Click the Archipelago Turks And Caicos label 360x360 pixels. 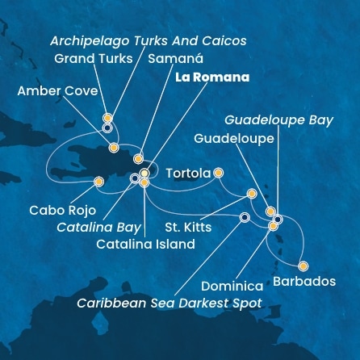148,40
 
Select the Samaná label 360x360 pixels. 176,59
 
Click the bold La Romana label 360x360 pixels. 211,77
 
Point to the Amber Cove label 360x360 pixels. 57,91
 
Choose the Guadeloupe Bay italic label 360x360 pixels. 278,120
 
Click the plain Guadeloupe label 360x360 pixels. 234,139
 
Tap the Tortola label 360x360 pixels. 187,173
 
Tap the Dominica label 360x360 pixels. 232,287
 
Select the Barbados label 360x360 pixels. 304,282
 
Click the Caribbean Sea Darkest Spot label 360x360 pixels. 170,303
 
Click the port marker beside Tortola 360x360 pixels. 218,172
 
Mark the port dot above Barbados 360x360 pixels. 303,266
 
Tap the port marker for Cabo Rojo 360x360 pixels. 98,182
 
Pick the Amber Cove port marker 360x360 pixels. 114,148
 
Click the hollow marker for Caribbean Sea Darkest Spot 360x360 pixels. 245,216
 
